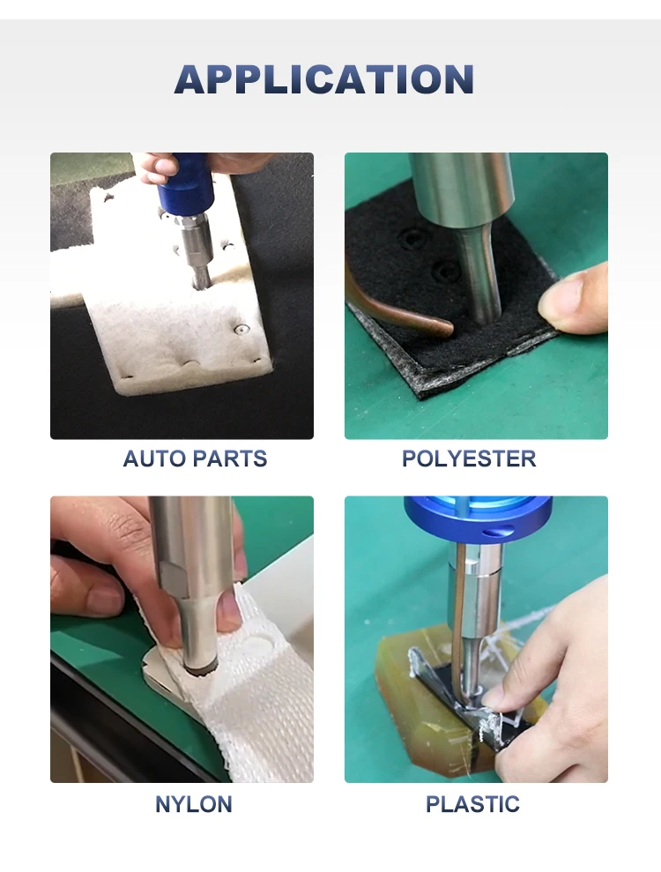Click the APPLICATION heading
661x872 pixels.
[324, 79]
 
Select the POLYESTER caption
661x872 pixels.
[469, 458]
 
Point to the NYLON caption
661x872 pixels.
[194, 804]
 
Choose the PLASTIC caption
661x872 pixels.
[472, 804]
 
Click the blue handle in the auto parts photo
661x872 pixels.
[185, 181]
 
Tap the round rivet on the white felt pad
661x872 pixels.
[241, 329]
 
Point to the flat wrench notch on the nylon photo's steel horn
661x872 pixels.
[174, 578]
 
